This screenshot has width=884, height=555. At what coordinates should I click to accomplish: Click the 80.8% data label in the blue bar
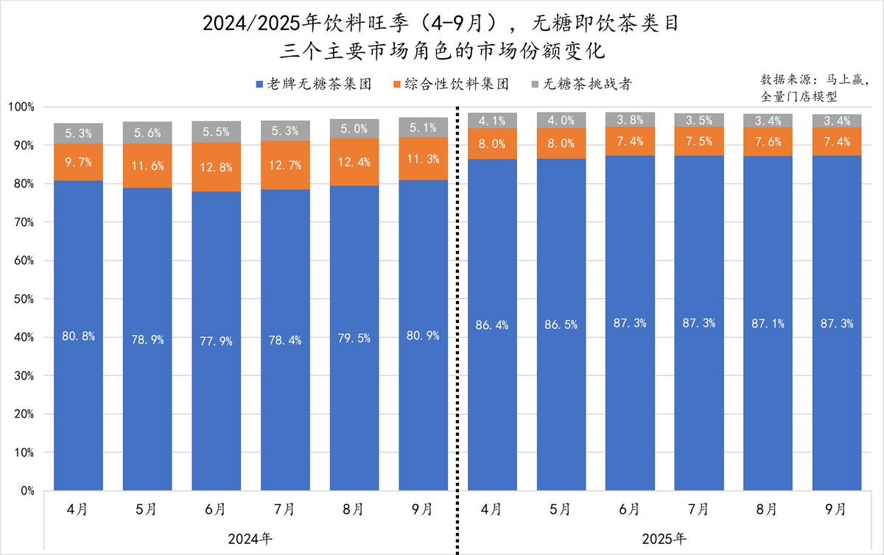(78, 336)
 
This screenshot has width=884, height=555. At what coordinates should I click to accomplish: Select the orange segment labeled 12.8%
(216, 167)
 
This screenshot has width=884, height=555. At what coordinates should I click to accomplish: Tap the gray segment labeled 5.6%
(147, 132)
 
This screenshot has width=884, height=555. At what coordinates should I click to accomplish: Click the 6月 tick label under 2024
(216, 509)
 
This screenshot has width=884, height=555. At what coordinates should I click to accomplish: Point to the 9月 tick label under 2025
(837, 509)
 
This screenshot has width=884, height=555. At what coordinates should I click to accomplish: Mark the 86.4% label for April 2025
(492, 325)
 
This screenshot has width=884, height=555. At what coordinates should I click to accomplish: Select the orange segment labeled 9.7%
(78, 161)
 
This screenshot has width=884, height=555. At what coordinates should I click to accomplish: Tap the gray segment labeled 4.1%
(492, 121)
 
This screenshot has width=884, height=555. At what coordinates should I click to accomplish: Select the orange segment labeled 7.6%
(768, 142)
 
